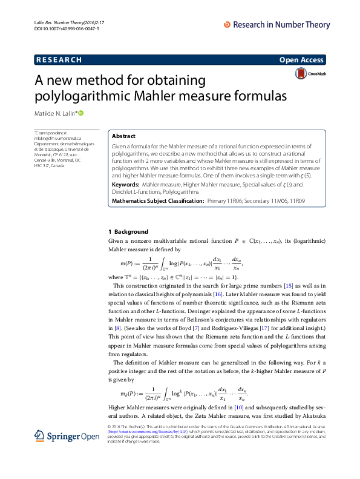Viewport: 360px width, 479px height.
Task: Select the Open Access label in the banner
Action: point(302,59)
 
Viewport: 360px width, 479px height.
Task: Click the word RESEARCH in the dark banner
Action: point(59,59)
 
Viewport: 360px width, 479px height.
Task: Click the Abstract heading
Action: point(123,136)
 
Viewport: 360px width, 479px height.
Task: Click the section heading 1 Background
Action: point(128,231)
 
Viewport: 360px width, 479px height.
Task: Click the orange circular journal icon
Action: point(227,25)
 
